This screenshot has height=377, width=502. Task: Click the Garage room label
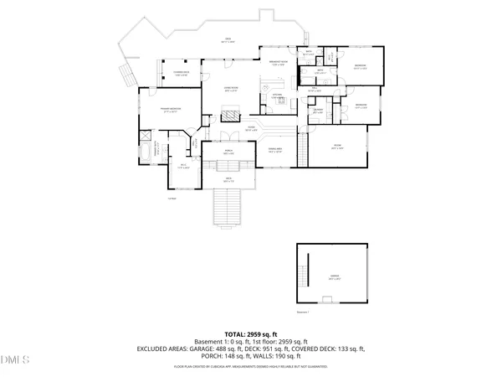click(x=334, y=277)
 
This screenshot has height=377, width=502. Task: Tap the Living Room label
click(x=232, y=89)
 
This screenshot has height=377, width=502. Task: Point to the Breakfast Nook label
click(x=279, y=63)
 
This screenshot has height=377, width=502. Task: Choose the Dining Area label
click(x=274, y=150)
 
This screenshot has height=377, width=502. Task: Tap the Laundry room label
click(x=319, y=111)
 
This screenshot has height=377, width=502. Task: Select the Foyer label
click(x=249, y=129)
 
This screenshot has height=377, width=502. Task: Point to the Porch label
click(x=228, y=152)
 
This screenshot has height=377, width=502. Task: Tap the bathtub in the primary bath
click(x=147, y=152)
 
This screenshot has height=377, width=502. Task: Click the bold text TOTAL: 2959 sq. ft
click(x=251, y=333)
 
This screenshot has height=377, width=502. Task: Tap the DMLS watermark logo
click(x=14, y=360)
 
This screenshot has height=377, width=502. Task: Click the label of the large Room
click(x=337, y=147)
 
